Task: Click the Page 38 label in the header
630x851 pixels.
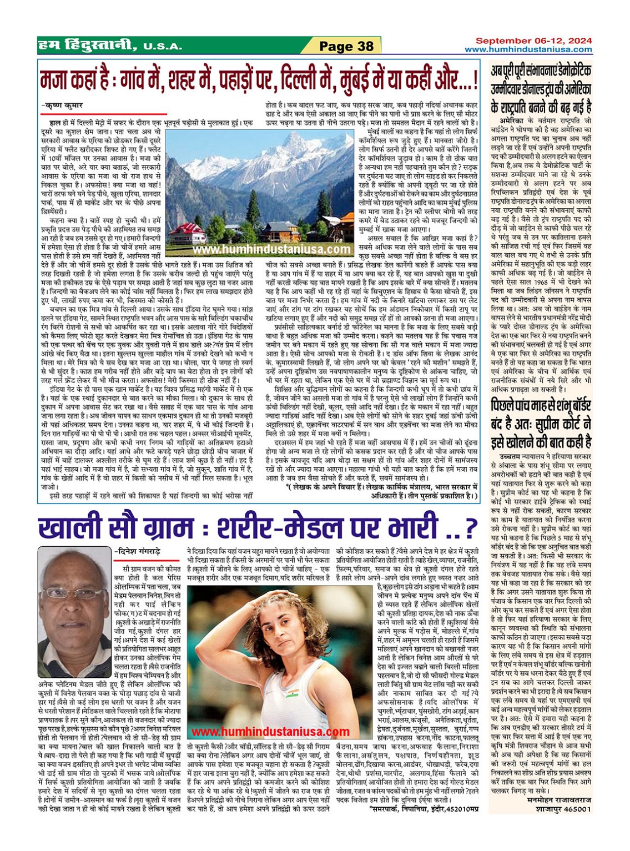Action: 347,46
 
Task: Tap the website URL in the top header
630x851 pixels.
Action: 528,49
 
